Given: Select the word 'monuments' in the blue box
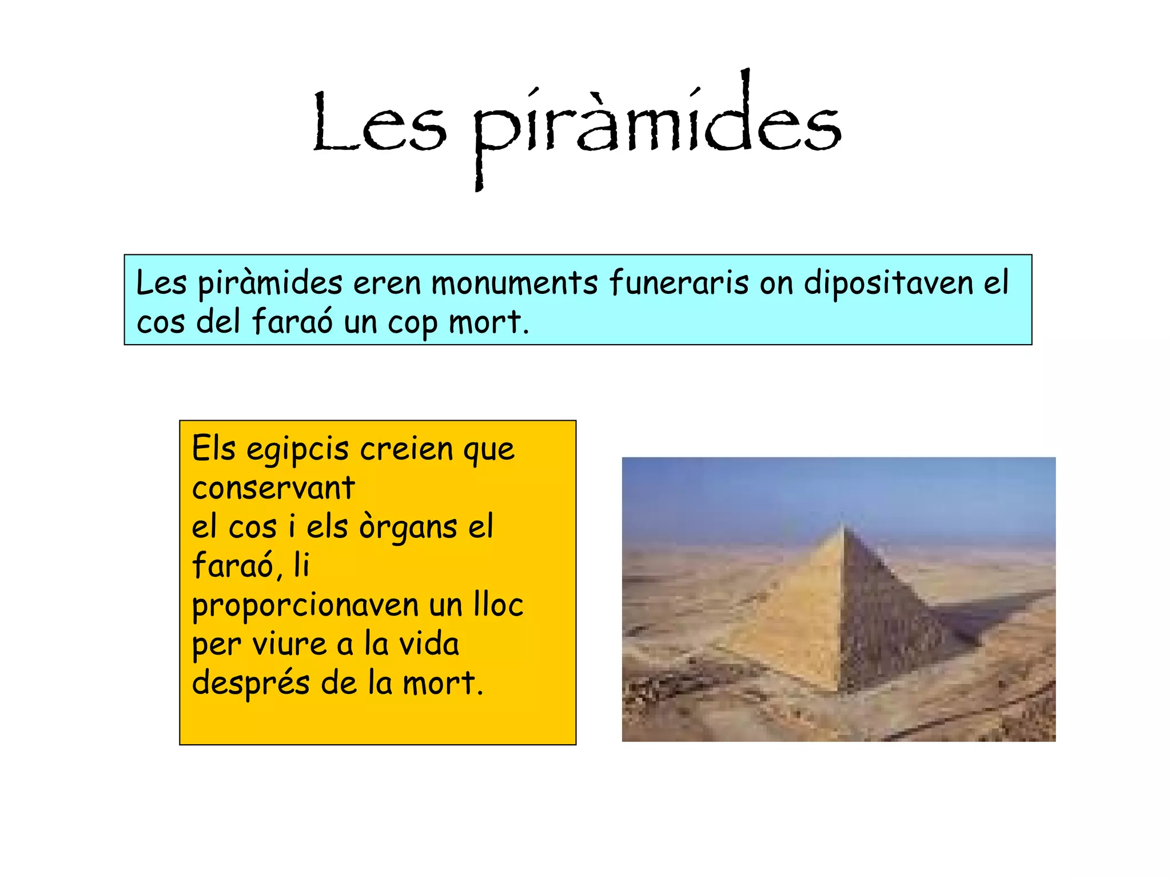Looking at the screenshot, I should click(x=514, y=282).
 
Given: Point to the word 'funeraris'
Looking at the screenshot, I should click(x=678, y=282).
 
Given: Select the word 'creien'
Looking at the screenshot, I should click(x=406, y=449).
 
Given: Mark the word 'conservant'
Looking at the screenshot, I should click(x=273, y=488).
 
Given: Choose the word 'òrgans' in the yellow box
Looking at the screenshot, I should click(x=408, y=528).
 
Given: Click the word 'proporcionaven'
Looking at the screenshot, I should click(x=305, y=606).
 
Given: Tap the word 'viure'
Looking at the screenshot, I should click(x=289, y=644).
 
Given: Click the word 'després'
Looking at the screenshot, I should click(x=250, y=684).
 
